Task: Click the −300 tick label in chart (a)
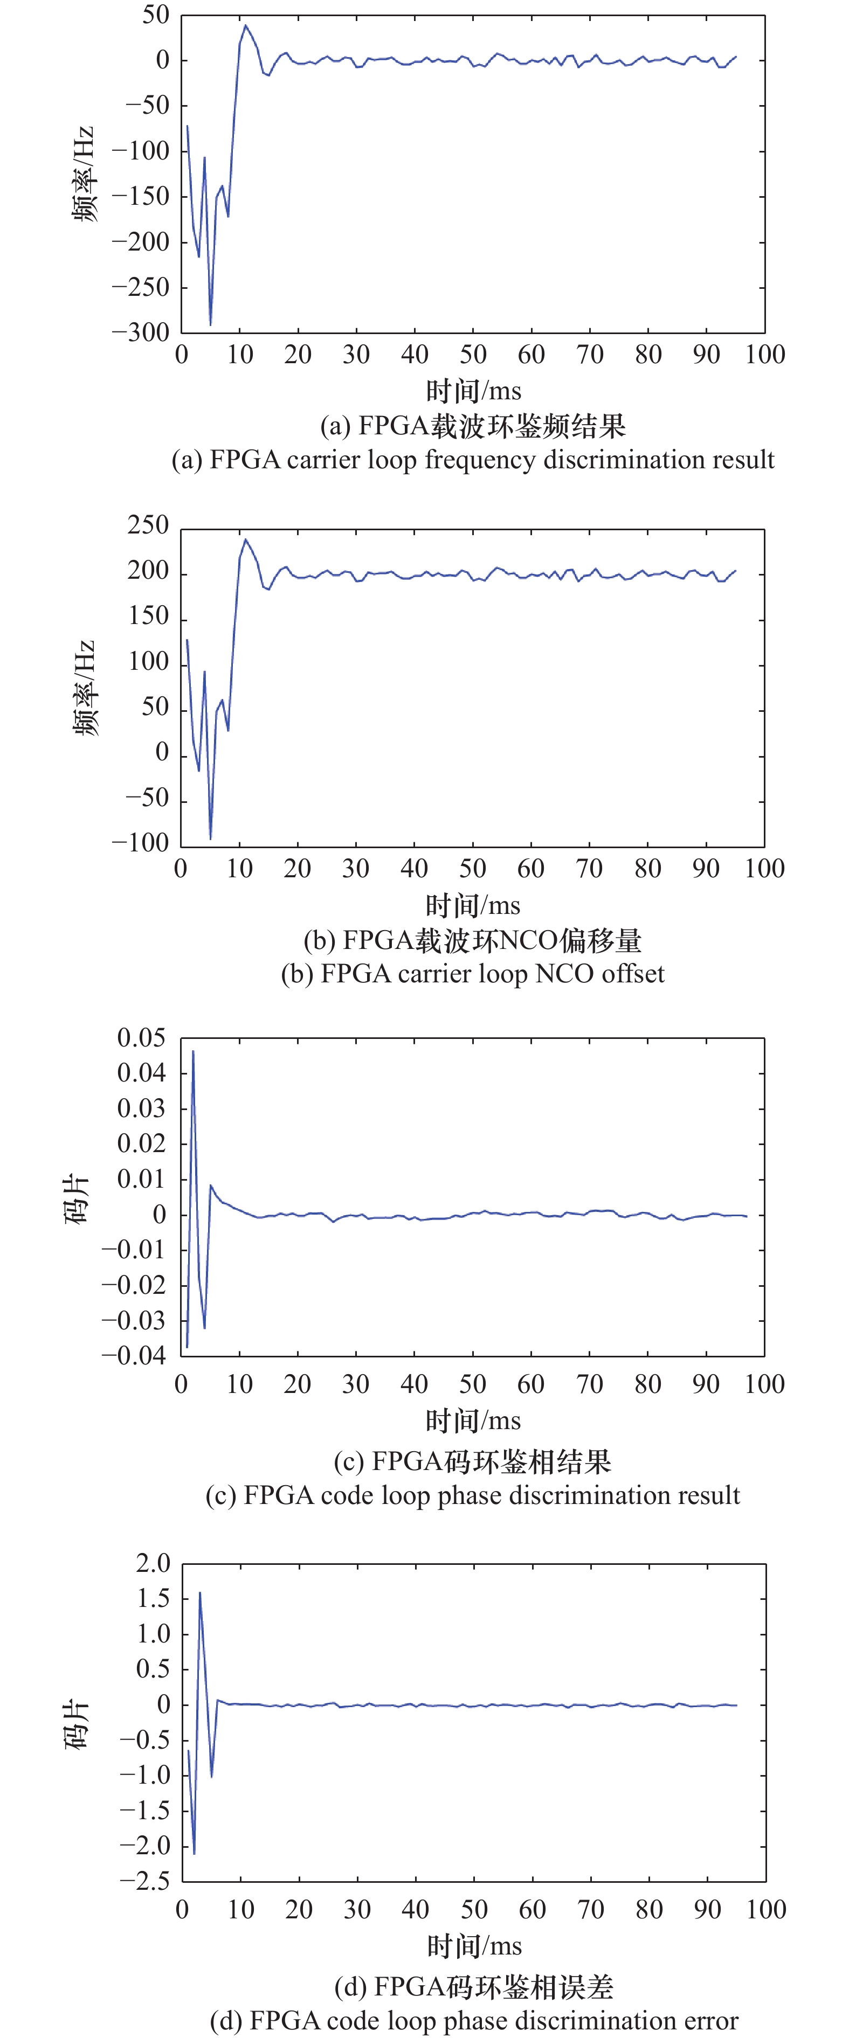tap(140, 332)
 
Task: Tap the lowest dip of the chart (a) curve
tap(210, 323)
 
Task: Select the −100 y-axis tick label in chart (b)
tap(140, 843)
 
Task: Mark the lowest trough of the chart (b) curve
tap(210, 838)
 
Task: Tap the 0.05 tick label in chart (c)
tap(142, 1038)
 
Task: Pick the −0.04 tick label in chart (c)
tap(134, 1355)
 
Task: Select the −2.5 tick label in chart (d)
tap(146, 1881)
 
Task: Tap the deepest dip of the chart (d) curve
tap(194, 1853)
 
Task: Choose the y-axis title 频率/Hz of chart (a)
tap(84, 174)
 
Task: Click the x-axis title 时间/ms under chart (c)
tap(473, 1421)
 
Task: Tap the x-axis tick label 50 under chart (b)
tap(472, 869)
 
